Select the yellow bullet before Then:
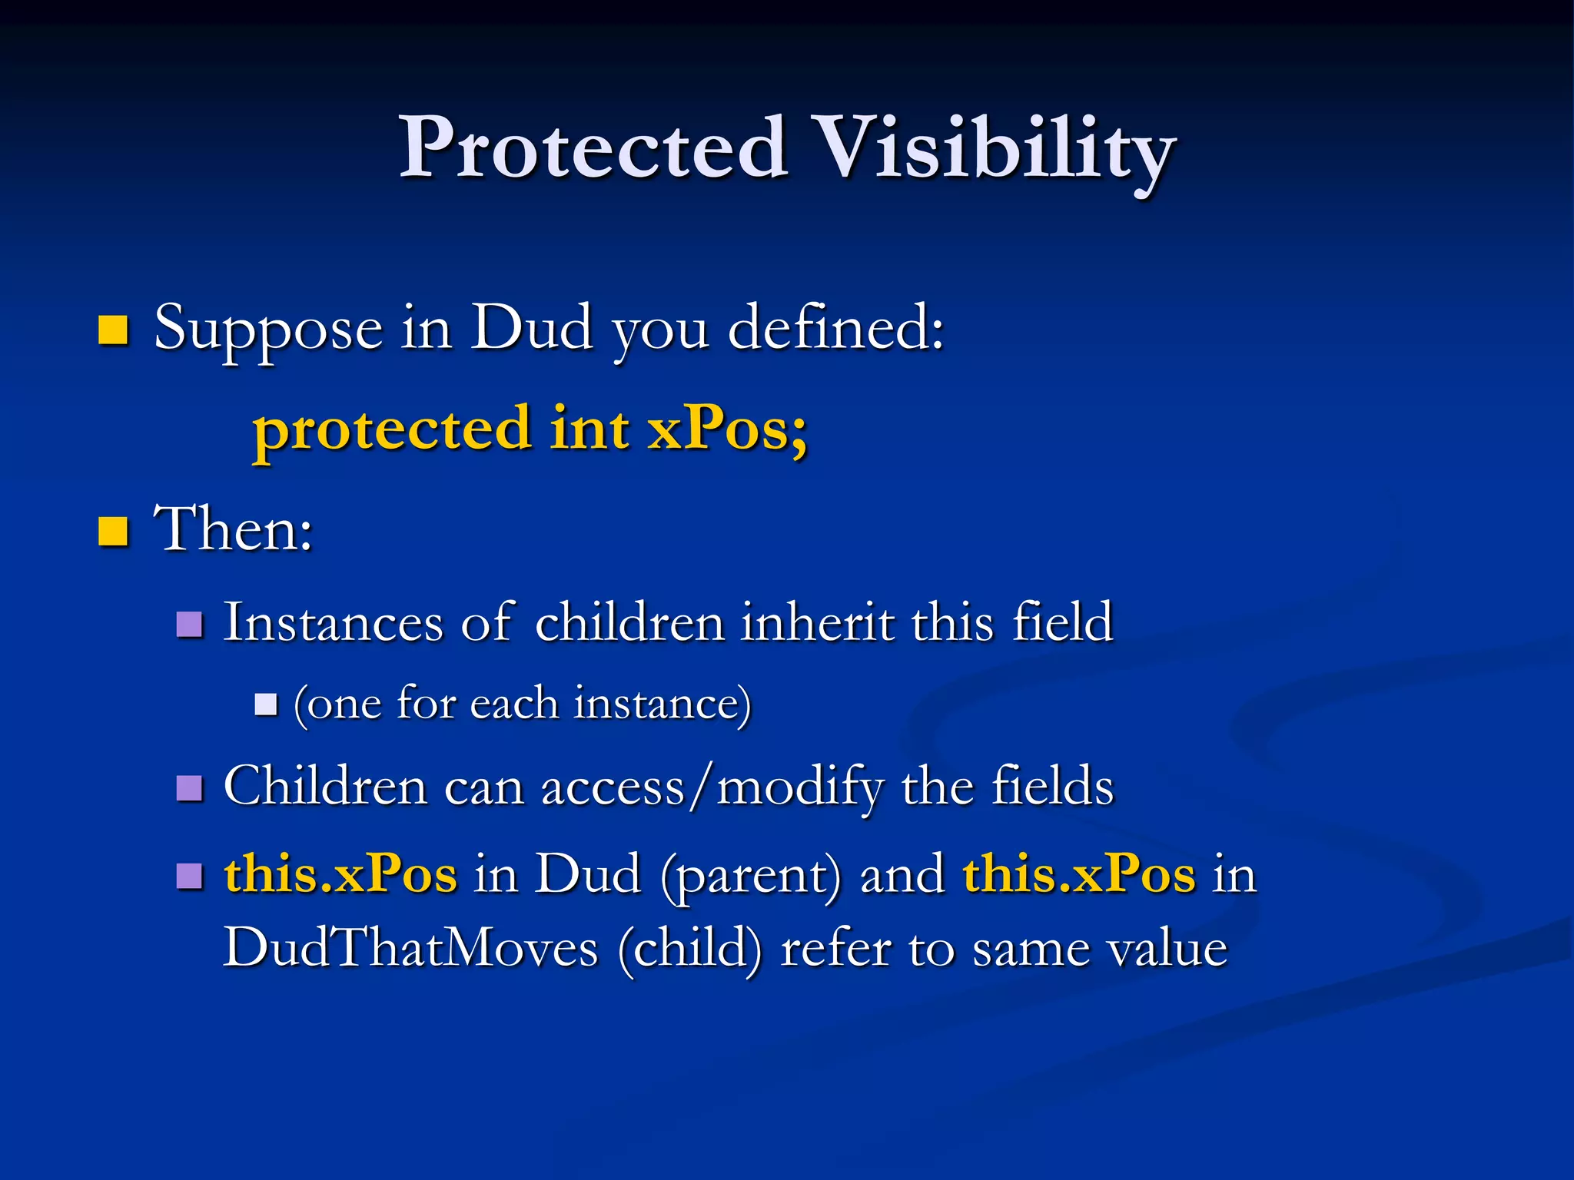coord(113,531)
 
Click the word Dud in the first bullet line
coord(531,328)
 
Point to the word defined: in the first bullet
coord(835,328)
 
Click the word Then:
coord(234,529)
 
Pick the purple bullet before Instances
coord(189,625)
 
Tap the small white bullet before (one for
coord(266,704)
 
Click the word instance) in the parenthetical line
coord(662,703)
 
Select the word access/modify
coord(712,787)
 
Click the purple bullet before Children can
coord(189,788)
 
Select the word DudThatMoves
coord(410,948)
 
